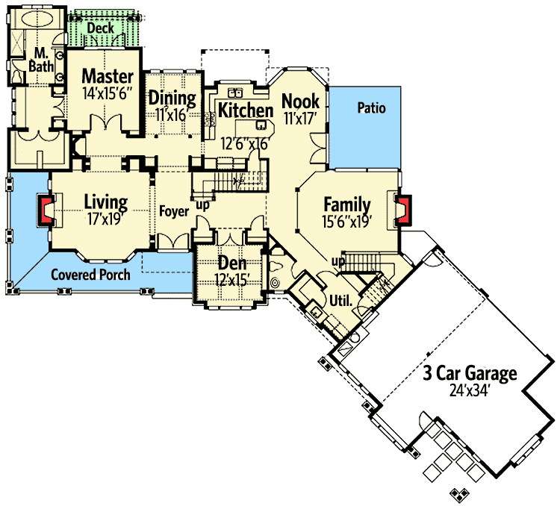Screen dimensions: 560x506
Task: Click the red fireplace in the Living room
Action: (x=46, y=210)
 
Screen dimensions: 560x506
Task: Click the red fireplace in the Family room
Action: (x=404, y=210)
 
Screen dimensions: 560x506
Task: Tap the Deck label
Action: (x=100, y=28)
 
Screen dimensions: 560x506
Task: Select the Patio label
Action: (x=371, y=107)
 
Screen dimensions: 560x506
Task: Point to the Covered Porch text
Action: (x=90, y=275)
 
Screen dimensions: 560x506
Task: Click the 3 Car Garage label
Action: (x=470, y=373)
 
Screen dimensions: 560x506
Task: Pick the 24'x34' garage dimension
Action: (x=469, y=391)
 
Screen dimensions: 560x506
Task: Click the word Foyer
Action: (x=174, y=211)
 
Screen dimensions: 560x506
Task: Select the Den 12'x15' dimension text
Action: (x=231, y=280)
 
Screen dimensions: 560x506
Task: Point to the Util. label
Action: (x=340, y=301)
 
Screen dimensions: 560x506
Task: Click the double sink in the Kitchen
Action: (x=235, y=93)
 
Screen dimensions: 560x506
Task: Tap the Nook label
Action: (x=300, y=101)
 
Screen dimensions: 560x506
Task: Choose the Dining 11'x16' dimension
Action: (x=172, y=115)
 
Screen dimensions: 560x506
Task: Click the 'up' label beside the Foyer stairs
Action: (x=202, y=206)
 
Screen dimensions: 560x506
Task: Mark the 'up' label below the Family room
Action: (x=338, y=261)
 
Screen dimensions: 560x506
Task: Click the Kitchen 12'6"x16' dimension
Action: (x=244, y=144)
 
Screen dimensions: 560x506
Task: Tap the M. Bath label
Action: (x=41, y=60)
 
